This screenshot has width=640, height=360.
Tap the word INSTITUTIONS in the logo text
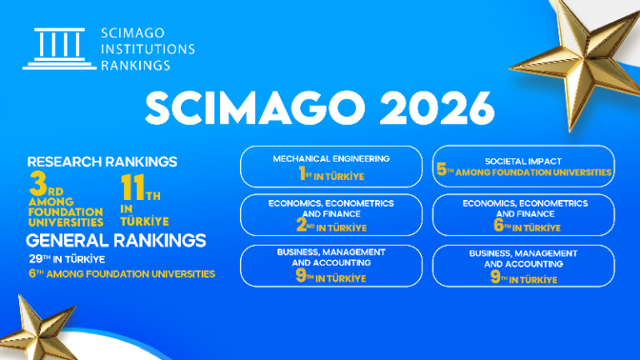pyautogui.click(x=147, y=48)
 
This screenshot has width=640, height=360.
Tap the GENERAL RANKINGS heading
pyautogui.click(x=116, y=241)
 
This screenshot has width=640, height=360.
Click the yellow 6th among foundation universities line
pyautogui.click(x=122, y=273)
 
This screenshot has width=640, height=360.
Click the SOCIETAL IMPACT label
pyautogui.click(x=524, y=160)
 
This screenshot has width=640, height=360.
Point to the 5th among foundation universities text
pyautogui.click(x=524, y=172)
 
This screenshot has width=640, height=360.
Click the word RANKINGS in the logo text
pyautogui.click(x=135, y=64)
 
